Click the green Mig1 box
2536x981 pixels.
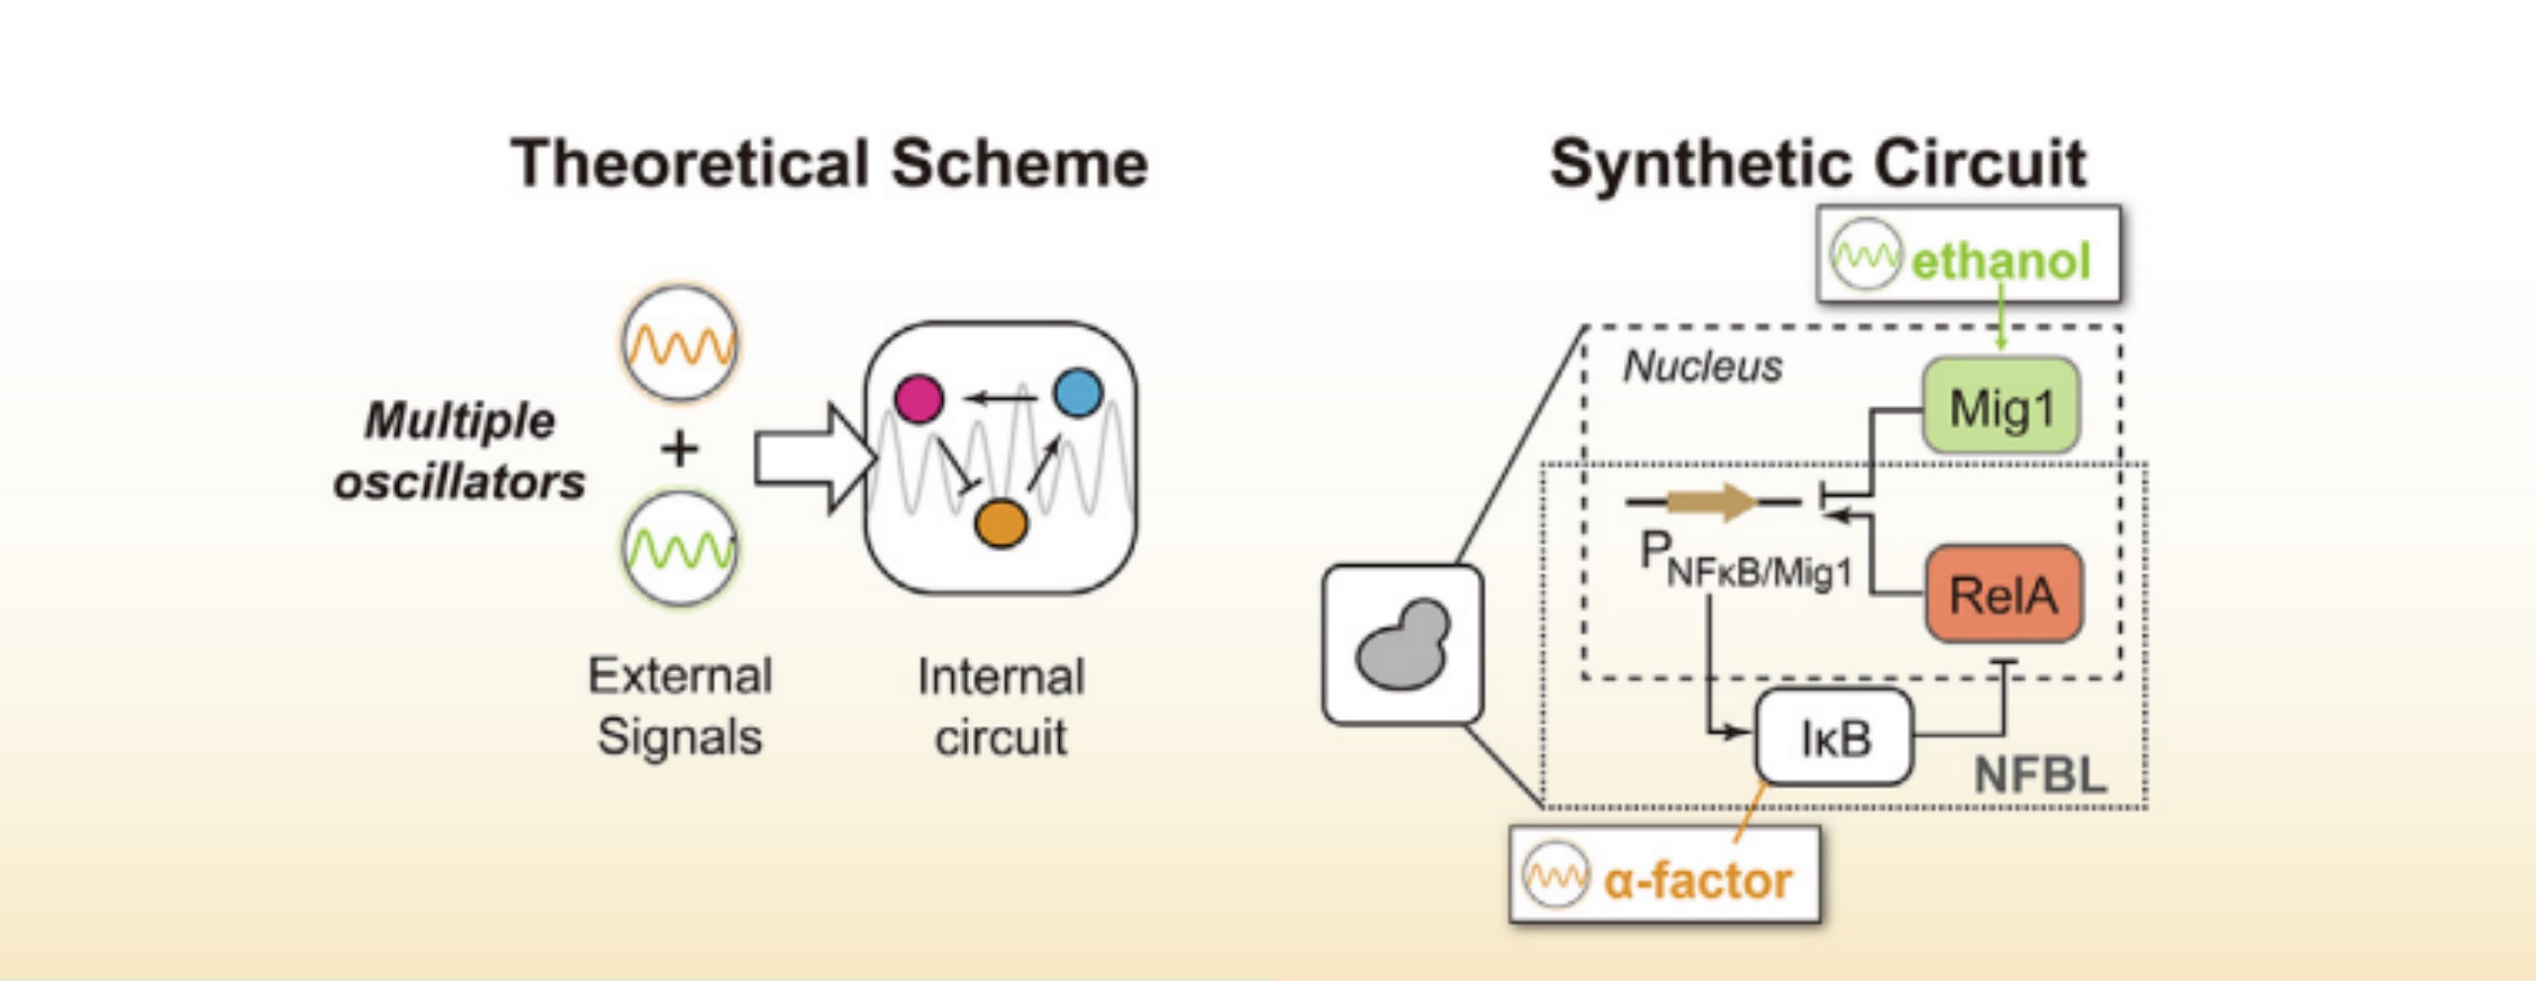pos(2000,406)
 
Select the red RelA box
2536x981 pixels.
pos(2003,594)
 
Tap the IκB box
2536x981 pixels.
pos(1834,737)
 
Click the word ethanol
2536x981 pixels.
pos(2000,261)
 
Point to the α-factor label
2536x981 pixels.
pos(1697,880)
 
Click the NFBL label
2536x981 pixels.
pos(2040,774)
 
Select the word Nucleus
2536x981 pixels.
pos(1702,367)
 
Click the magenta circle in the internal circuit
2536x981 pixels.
pos(918,398)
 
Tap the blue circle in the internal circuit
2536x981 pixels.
pos(1078,393)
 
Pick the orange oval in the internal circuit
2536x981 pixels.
pos(1001,523)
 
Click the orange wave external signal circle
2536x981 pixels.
pos(680,343)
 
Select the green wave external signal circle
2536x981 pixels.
pos(680,548)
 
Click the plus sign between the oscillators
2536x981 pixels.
pos(680,448)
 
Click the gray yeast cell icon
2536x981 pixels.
pos(1402,645)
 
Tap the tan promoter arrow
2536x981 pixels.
pos(1712,501)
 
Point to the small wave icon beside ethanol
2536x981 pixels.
pos(1865,256)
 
